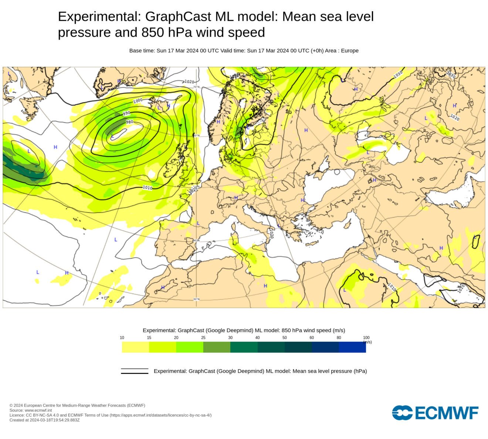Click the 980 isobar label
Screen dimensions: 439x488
tap(129, 122)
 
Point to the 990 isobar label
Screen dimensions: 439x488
tap(127, 113)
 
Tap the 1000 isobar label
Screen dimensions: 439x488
tap(138, 101)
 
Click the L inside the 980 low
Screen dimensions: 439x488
tap(112, 136)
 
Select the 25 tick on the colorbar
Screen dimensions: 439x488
tap(203, 338)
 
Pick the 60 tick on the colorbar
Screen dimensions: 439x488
tap(312, 338)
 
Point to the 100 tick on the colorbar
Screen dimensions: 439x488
tap(366, 338)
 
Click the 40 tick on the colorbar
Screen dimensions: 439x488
tap(257, 338)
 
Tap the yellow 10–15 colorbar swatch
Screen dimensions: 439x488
tap(135, 347)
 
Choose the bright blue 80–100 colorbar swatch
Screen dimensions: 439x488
tap(352, 347)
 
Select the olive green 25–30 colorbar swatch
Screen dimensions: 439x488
tap(217, 347)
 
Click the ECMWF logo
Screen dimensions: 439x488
tap(435, 413)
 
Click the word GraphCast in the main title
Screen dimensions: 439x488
tap(178, 17)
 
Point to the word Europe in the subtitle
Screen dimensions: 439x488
tap(350, 51)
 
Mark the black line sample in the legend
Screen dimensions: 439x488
tap(135, 371)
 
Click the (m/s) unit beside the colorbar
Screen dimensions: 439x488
tap(367, 342)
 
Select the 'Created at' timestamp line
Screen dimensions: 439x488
tap(44, 420)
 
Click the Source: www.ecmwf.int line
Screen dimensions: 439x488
tap(31, 410)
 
